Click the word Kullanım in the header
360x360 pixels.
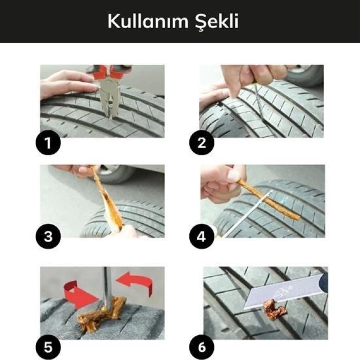coord(146,22)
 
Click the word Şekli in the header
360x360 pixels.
coord(219,22)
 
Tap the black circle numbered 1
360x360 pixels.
coord(48,142)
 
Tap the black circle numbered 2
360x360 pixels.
coord(202,142)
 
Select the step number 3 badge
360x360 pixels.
coord(48,237)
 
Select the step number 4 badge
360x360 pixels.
coord(202,237)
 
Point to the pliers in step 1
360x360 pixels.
coord(109,93)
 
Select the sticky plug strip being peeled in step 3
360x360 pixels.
coord(110,201)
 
